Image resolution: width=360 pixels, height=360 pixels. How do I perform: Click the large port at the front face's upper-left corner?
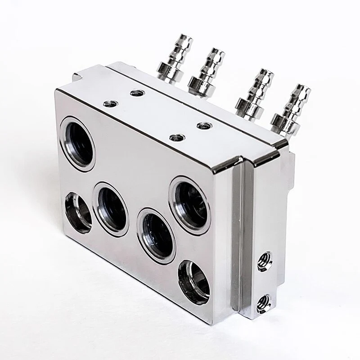click(77, 143)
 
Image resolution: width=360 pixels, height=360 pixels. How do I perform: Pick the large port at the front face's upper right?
click(189, 205)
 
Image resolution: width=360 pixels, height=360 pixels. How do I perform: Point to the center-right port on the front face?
click(156, 234)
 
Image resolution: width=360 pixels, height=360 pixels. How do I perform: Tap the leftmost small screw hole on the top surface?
click(109, 104)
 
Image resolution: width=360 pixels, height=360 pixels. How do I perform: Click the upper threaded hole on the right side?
click(265, 260)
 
